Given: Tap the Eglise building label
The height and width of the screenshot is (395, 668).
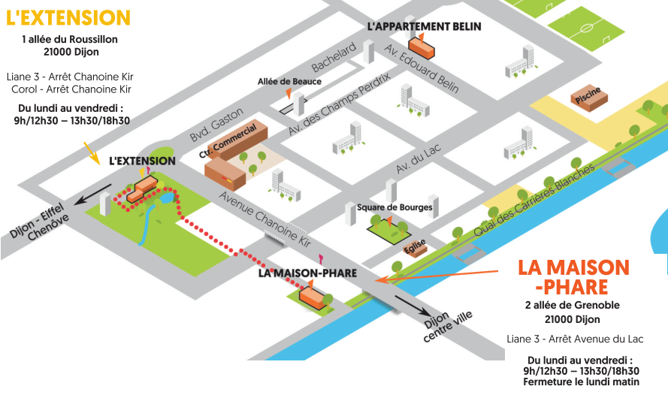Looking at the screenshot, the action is coord(415,246).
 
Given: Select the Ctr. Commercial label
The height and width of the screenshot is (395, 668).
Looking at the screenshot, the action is coord(228,140).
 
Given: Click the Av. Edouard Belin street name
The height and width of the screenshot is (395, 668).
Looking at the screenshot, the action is coord(422,68).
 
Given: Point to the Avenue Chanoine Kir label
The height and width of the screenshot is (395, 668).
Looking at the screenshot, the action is coord(265,219).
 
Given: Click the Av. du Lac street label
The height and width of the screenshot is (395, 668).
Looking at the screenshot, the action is coord(419,158).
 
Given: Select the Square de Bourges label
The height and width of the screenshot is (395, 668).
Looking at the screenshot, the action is coord(394,207).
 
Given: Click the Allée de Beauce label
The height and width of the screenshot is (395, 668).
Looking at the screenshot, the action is coord(289,81).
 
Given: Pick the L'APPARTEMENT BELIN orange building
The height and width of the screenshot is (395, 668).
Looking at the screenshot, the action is coord(422,47).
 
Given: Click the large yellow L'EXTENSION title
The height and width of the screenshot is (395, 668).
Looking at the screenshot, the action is coord(68,18).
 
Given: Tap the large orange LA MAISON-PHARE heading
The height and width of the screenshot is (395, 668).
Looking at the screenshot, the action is coord(573,277).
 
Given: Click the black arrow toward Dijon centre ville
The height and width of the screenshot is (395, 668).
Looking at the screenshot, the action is coord(411,306).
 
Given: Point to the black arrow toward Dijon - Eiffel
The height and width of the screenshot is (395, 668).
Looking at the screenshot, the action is coord(92,194).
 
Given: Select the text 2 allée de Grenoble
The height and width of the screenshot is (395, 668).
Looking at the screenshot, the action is coord(572,305).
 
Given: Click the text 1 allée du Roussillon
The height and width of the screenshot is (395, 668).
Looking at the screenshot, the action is coord(70,40).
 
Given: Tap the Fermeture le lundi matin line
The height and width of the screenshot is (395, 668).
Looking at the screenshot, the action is coord(581,381).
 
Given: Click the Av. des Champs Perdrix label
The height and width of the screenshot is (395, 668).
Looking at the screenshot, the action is coord(339,104).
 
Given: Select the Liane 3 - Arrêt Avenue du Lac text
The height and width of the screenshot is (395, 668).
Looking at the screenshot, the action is coord(575,339).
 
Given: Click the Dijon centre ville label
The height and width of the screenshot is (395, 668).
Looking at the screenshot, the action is coord(448,326).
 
